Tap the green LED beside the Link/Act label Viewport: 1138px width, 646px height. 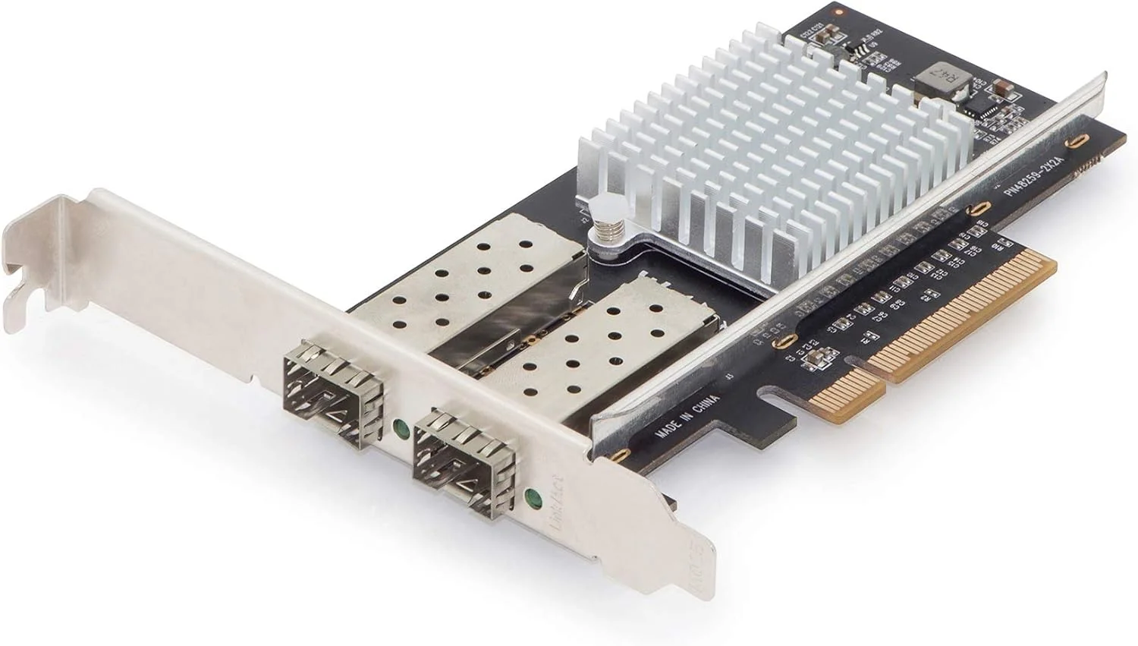click(x=533, y=498)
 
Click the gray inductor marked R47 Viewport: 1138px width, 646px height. click(x=932, y=75)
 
